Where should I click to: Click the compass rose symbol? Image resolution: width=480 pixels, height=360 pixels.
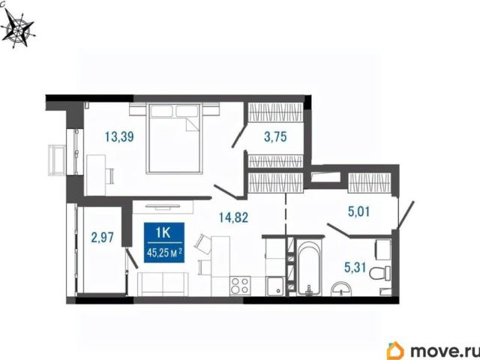pyautogui.click(x=18, y=28)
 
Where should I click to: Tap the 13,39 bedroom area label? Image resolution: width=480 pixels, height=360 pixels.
pyautogui.click(x=119, y=136)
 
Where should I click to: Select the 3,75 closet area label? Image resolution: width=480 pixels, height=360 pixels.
pyautogui.click(x=275, y=136)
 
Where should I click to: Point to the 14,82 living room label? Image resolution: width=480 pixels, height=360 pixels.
pyautogui.click(x=233, y=217)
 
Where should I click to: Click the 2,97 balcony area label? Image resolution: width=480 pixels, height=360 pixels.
pyautogui.click(x=103, y=237)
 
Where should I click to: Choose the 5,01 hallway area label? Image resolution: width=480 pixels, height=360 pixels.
pyautogui.click(x=359, y=211)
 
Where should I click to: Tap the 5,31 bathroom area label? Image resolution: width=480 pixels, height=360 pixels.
pyautogui.click(x=355, y=268)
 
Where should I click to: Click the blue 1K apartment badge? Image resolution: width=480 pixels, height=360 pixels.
pyautogui.click(x=164, y=242)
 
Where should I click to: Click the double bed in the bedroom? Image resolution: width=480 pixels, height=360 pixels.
pyautogui.click(x=175, y=138)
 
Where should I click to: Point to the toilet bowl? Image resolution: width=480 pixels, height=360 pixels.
pyautogui.click(x=380, y=273)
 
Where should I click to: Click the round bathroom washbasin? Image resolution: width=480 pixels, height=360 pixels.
pyautogui.click(x=341, y=289)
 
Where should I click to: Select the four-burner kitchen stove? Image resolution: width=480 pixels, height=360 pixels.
pyautogui.click(x=240, y=286)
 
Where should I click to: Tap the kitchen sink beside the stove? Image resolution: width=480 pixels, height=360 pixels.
pyautogui.click(x=275, y=286)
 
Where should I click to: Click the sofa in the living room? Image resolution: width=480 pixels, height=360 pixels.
pyautogui.click(x=163, y=284)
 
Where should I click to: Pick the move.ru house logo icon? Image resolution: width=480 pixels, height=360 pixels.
pyautogui.click(x=395, y=350)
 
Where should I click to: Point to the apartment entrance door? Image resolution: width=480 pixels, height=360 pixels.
pyautogui.click(x=406, y=214)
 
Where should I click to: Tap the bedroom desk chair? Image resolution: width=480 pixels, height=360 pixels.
pyautogui.click(x=109, y=176)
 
